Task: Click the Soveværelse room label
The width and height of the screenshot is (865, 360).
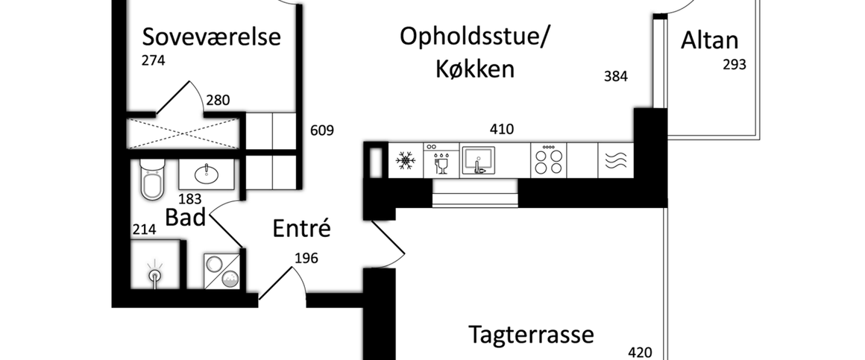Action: point(211,37)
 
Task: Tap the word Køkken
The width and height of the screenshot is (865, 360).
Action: point(475,69)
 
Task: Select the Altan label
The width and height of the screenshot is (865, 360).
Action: point(709,40)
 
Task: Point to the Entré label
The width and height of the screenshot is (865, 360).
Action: point(301,228)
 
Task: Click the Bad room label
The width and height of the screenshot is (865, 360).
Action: point(185,218)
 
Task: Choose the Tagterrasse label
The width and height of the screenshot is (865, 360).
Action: point(531,335)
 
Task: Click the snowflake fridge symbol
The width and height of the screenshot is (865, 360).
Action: point(406,160)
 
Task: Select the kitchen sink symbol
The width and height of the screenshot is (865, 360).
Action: point(479,160)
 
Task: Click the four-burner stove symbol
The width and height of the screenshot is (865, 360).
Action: point(548,160)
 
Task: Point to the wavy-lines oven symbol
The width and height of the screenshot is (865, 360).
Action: point(616,160)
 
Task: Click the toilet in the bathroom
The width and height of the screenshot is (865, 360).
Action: point(151,180)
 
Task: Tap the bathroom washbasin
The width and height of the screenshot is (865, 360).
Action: point(206,174)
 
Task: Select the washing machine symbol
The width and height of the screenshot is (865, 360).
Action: point(222,269)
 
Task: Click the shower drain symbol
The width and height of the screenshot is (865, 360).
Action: point(155,276)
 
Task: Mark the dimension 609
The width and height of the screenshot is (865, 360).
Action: point(321,131)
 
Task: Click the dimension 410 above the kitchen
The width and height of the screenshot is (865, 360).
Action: point(501,130)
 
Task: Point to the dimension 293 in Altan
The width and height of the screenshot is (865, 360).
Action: point(734,65)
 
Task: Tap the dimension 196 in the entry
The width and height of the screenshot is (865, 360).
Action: point(306,259)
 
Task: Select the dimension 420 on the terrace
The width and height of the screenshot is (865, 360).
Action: point(641,353)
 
